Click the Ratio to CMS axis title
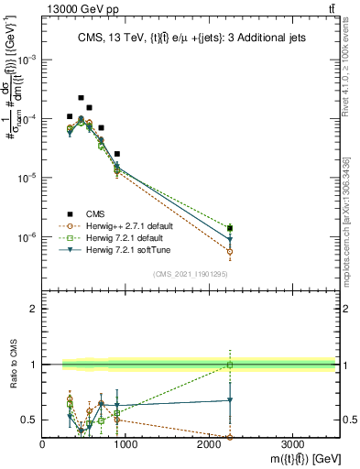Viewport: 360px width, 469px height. [16, 365]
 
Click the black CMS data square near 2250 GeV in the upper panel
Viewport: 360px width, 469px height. [230, 228]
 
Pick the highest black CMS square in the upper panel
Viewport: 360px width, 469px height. [81, 97]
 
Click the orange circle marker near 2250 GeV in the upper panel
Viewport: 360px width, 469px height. [230, 251]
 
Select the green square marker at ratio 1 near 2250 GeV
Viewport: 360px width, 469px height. [230, 365]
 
